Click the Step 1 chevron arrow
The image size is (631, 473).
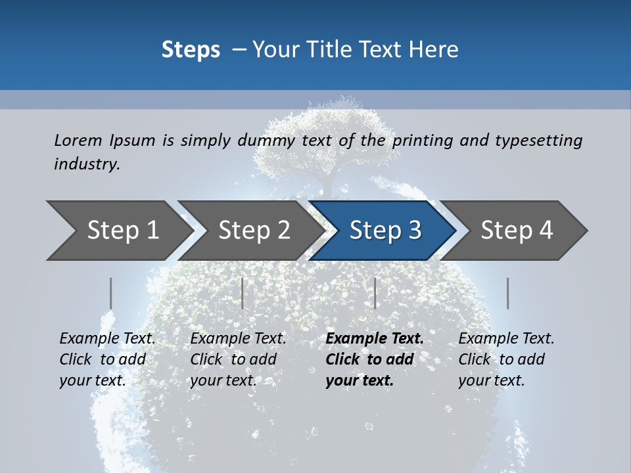[118, 231]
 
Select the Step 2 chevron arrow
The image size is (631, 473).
[253, 231]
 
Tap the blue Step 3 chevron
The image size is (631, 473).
[385, 231]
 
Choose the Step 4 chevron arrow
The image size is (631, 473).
[516, 231]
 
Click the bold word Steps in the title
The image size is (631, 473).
[191, 50]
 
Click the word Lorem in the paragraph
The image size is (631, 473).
[78, 141]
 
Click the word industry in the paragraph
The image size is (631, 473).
[86, 164]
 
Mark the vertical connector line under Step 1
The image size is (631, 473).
[111, 293]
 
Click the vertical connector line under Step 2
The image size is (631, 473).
[243, 293]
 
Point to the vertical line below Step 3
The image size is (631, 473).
[375, 293]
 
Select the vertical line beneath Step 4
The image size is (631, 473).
[508, 293]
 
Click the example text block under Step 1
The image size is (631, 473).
[107, 359]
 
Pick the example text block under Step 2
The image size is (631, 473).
[238, 359]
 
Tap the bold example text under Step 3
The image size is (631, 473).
[374, 359]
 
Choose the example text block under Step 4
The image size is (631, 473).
[506, 359]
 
